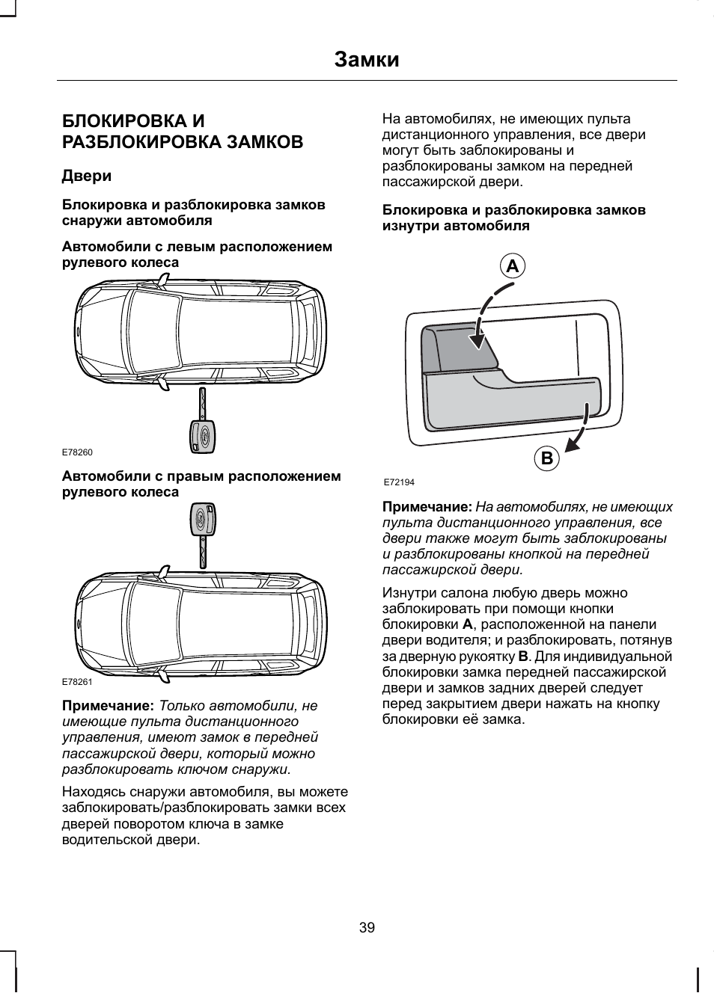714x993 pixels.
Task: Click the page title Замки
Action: (367, 59)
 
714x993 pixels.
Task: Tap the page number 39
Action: (367, 928)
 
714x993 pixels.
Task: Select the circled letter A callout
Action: (512, 266)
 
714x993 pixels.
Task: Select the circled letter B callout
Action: (546, 458)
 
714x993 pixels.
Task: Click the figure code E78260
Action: (77, 452)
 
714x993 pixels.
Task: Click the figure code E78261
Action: (77, 682)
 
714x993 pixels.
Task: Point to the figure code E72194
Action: (399, 482)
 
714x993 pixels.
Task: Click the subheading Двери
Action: (86, 176)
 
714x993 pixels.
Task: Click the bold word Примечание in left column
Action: (108, 706)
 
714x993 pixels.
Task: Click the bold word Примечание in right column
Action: (427, 507)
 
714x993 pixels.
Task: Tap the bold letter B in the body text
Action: (523, 657)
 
